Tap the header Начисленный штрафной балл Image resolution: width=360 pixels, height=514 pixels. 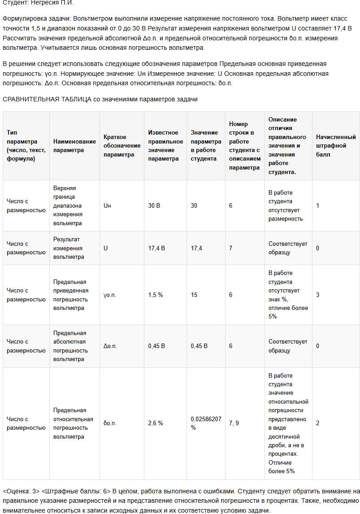point(335,145)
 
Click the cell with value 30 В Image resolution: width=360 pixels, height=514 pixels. point(154,205)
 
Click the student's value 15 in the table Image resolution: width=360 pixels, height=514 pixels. point(194,295)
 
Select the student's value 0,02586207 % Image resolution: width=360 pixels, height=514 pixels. point(205,423)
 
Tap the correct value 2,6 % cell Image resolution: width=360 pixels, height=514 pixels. point(156,423)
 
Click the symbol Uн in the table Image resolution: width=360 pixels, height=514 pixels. point(107,205)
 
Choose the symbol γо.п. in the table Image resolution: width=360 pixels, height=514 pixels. point(110,295)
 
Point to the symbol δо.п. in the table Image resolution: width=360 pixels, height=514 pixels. point(110,423)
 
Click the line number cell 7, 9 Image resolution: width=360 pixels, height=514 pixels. point(234,423)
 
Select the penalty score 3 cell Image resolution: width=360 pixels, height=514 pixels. point(318,295)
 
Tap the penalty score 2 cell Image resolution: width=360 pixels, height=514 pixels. point(318,423)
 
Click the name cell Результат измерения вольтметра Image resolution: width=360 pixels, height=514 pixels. point(69,248)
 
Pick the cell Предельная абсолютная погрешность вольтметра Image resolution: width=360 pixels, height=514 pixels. point(69,346)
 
